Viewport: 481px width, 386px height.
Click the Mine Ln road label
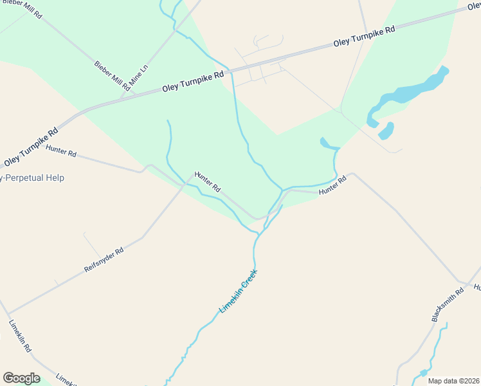[140, 76]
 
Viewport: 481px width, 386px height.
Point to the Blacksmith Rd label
[448, 305]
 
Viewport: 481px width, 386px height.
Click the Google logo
[21, 378]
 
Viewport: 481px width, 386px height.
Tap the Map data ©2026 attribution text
[453, 381]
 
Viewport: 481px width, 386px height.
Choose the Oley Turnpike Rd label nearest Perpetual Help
[31, 146]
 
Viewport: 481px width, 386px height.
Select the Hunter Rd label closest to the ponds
[332, 186]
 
